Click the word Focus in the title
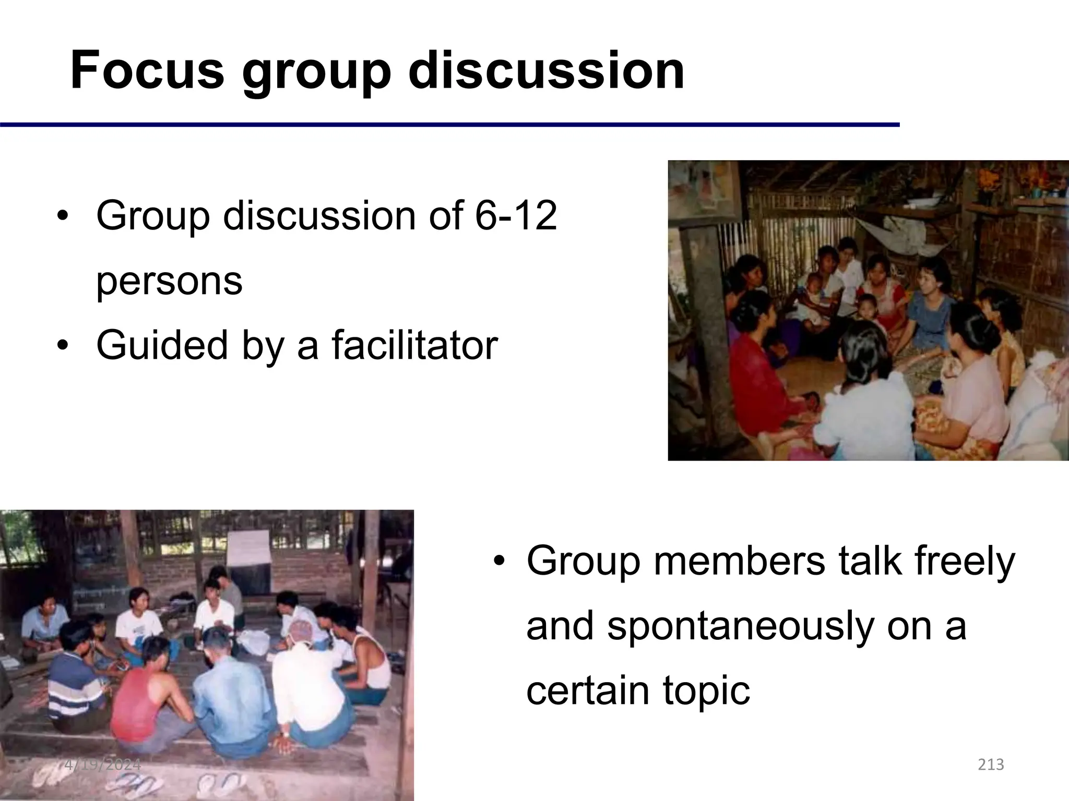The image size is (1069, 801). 147,70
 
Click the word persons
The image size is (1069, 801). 169,282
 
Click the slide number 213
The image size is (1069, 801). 991,765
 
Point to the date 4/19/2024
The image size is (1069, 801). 103,765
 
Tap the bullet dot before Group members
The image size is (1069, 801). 499,561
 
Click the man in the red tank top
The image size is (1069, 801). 141,699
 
